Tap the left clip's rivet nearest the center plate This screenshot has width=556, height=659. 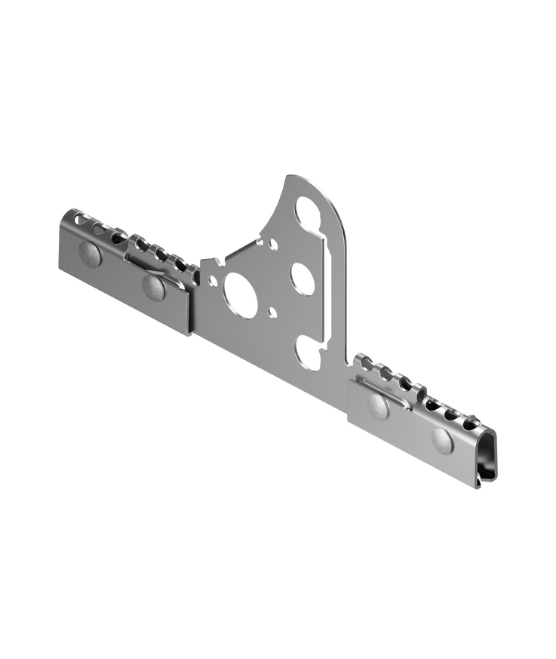[x=154, y=287]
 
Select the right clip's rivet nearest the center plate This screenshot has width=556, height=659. [x=379, y=406]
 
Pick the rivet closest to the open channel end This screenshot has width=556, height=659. [x=442, y=439]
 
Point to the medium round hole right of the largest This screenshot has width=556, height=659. [x=302, y=279]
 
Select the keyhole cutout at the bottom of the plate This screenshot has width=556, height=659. [x=309, y=353]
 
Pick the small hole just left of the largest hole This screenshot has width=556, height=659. [x=213, y=282]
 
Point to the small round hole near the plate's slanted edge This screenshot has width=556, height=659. [x=273, y=245]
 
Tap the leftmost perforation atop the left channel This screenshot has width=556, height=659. [x=79, y=220]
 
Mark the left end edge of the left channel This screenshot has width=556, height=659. [x=61, y=242]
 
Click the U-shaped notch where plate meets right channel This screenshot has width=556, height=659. [x=351, y=363]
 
